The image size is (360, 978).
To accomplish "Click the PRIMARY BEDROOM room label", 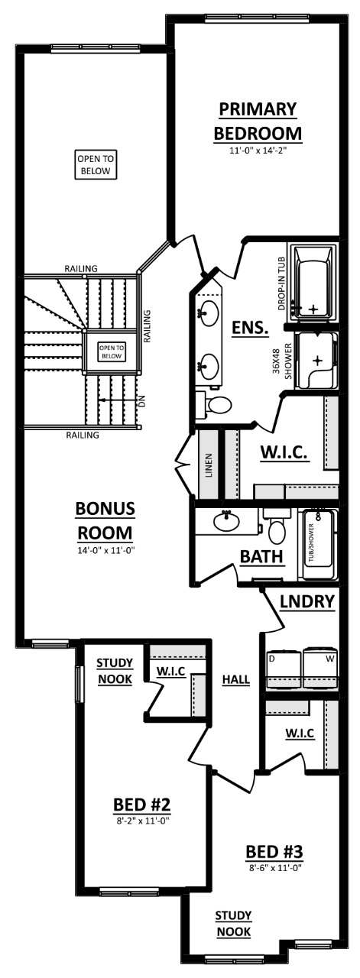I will (258, 121).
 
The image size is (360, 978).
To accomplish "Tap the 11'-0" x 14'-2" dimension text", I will (258, 151).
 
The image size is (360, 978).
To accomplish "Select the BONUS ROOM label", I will (105, 520).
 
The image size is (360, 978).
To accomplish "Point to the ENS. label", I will (250, 329).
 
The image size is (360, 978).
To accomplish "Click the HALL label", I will (236, 678).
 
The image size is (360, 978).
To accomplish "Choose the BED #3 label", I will (276, 851).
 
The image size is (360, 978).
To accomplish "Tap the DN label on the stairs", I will (141, 399).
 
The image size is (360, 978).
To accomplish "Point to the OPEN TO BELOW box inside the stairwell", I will (112, 351).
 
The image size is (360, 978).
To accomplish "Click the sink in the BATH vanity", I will (226, 523).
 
